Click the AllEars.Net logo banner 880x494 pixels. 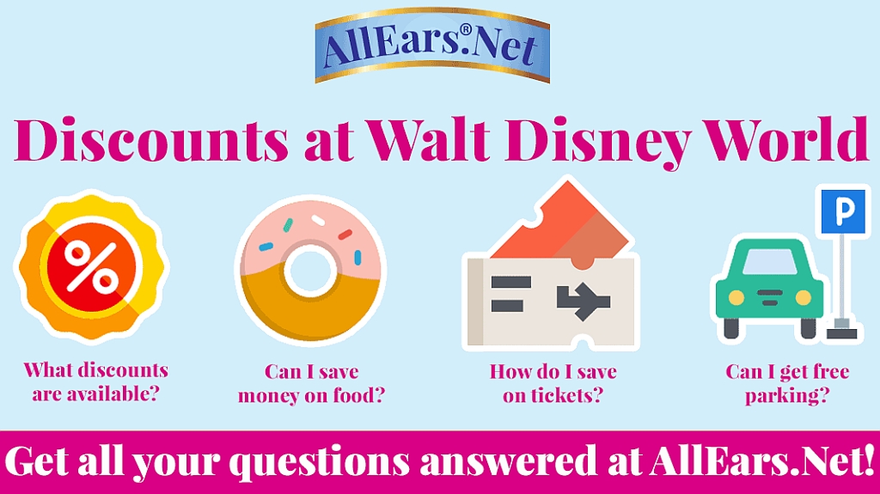coord(432,46)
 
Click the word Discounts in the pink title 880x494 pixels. coord(151,140)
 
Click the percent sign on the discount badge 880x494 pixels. coord(91,267)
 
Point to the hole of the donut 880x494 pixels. coord(310,270)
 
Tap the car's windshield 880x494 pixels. coord(770,262)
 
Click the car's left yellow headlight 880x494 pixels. coord(736,297)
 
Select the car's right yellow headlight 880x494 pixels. coord(804,297)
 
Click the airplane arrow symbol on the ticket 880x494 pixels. coord(584,301)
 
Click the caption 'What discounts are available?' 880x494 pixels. coord(96,381)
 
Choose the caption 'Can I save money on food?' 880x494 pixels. coord(311,383)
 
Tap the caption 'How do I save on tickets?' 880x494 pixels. coord(553,383)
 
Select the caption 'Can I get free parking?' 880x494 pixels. coord(787,383)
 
